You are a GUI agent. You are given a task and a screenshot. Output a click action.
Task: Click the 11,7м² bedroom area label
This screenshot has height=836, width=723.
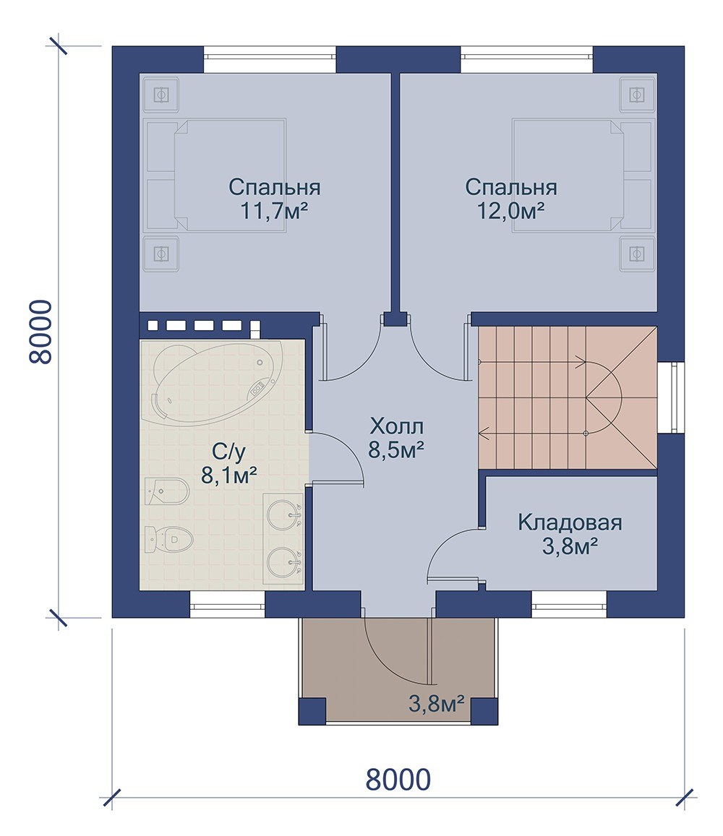(x=274, y=211)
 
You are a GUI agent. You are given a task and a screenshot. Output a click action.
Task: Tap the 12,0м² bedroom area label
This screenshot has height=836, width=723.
(x=510, y=211)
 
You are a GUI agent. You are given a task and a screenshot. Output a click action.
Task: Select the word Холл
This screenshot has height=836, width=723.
(x=397, y=426)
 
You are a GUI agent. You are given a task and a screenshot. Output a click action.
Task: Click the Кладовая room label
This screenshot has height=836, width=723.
(x=570, y=522)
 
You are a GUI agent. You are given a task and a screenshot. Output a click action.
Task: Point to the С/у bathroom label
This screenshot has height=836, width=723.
(x=229, y=452)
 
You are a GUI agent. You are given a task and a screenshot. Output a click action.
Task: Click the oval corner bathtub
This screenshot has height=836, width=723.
(x=213, y=383)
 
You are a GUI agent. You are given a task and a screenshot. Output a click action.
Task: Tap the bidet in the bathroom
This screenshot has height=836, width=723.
(x=166, y=491)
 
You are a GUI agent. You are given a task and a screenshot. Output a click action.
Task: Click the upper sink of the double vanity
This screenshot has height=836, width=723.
(x=283, y=514)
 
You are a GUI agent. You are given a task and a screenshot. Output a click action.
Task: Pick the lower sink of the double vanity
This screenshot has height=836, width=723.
(x=283, y=562)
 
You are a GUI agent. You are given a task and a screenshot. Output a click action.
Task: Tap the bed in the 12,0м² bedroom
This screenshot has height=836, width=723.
(x=568, y=175)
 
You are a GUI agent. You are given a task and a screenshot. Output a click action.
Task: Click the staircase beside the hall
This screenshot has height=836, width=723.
(x=568, y=397)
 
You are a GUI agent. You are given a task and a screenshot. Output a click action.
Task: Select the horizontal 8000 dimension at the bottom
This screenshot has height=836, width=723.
(x=398, y=780)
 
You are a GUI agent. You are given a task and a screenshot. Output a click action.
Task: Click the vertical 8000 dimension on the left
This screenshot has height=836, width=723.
(x=40, y=332)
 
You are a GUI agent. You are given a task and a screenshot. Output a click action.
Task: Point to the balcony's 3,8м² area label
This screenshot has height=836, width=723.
(x=437, y=704)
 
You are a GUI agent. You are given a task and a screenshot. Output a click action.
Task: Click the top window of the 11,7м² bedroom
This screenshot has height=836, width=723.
(x=270, y=60)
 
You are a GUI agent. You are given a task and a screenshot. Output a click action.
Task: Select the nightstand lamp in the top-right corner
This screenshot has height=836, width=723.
(x=636, y=95)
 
